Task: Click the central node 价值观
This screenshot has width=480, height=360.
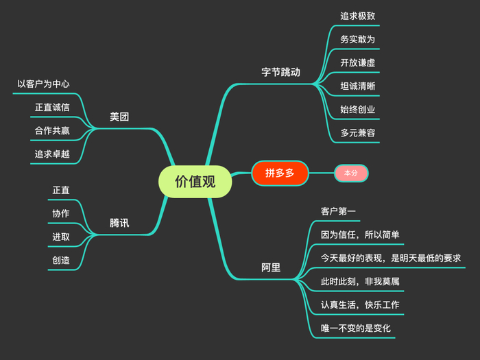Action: [x=195, y=181]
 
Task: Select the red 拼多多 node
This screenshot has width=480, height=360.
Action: [x=280, y=173]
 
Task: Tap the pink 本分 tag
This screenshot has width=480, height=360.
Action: [x=351, y=173]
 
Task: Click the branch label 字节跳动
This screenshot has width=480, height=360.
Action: [x=281, y=72]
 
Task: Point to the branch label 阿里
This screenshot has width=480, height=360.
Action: [x=271, y=267]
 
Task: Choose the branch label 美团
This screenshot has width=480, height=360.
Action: [x=119, y=117]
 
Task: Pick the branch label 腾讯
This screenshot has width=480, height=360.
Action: [x=119, y=223]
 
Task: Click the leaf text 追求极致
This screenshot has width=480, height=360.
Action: [x=357, y=16]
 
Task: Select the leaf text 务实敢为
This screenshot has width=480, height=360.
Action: [x=357, y=39]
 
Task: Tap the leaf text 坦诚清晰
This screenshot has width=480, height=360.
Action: [x=357, y=86]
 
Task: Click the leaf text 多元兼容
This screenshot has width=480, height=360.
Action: [x=357, y=132]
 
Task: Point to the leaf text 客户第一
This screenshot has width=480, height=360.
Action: [x=338, y=211]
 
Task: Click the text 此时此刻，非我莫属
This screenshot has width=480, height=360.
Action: [x=360, y=282]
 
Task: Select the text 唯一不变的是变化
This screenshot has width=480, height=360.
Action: [x=356, y=328]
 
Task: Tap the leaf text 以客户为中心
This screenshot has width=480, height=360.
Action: [x=43, y=84]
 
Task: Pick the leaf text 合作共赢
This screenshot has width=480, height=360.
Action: [x=52, y=130]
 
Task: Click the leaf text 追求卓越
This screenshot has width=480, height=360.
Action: [x=52, y=154]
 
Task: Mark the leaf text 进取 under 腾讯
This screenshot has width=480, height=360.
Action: [x=61, y=237]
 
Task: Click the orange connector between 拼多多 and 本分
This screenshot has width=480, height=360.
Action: [x=322, y=173]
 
